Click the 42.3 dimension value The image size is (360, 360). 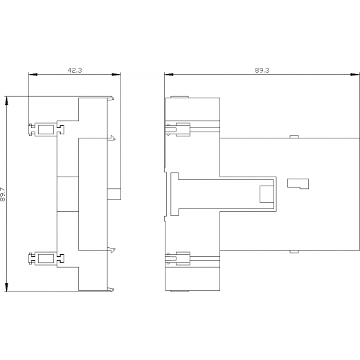coord(75,70)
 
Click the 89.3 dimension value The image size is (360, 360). coord(262,70)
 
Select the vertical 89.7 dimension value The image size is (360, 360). coord(3,194)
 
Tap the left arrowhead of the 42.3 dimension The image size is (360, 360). coord(33,75)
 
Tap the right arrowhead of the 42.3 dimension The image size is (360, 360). coord(116,75)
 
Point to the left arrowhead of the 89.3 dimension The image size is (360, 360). coord(169,75)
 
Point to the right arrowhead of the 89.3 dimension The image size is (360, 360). coord(355,75)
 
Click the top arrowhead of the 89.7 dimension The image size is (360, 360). coord(7,101)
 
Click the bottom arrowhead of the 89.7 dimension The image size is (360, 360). coord(7,287)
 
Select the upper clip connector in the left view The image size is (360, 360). coord(46,129)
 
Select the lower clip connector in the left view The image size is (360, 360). coord(46,258)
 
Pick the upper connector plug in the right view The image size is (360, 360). coord(178,129)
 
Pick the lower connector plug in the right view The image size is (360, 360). coord(178,258)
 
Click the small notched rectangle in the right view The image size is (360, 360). coord(298,183)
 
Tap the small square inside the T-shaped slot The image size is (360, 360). coord(267,194)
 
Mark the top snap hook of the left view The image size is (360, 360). coord(111,98)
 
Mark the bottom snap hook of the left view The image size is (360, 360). coord(111,289)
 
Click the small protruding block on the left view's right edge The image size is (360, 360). coord(114,194)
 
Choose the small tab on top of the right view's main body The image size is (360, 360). coord(294,136)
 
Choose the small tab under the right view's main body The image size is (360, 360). coord(294,251)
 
